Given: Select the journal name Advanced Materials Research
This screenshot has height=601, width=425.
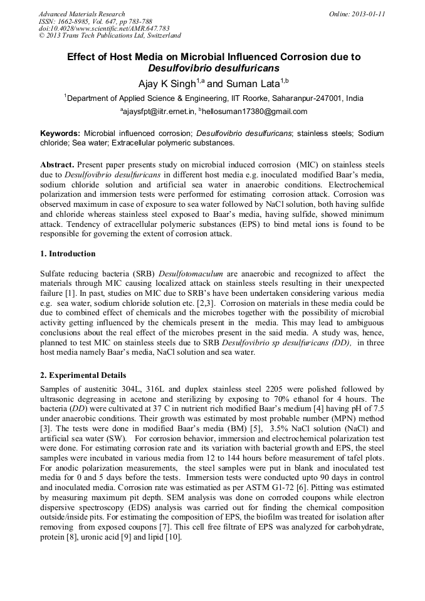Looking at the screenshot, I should coord(81,14).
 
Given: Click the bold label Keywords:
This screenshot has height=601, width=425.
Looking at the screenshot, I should coord(60,133).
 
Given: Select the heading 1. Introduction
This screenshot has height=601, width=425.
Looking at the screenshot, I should coord(68,254).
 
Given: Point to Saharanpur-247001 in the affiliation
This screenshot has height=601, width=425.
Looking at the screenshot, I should coord(313,98).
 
